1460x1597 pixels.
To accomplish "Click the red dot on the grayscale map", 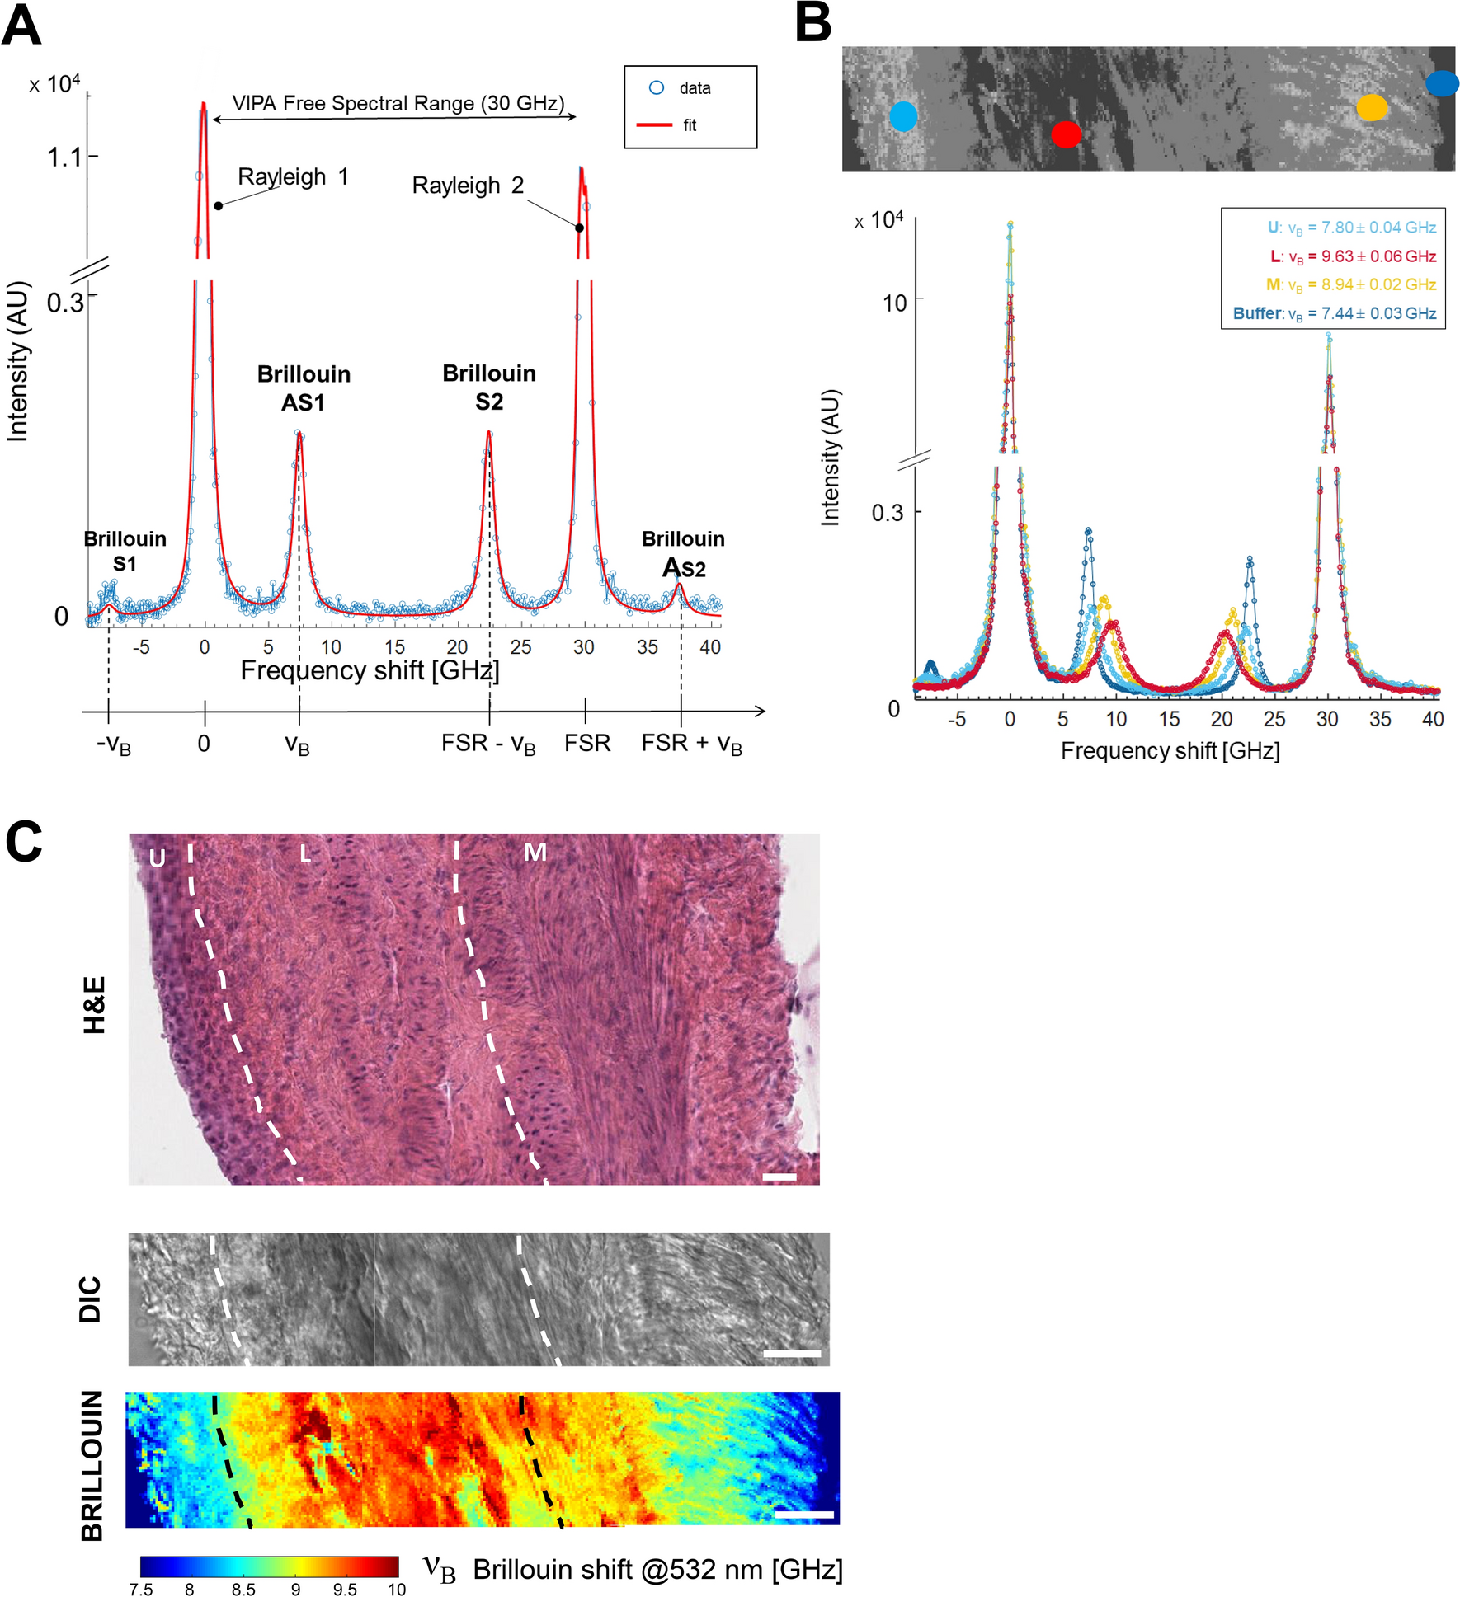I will coord(1066,134).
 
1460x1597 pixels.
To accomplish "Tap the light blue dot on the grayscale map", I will coord(903,117).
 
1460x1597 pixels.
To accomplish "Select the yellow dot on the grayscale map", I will coord(1372,107).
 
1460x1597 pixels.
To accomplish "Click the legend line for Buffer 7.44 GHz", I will coord(1334,313).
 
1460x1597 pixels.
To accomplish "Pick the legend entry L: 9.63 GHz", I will coord(1353,256).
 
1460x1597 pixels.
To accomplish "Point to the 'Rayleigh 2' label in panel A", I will coord(468,186).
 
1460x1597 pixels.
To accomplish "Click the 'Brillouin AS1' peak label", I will coord(304,388).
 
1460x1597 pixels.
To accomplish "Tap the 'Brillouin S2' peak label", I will coord(489,387).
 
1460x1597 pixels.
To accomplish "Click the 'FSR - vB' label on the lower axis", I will coord(488,744).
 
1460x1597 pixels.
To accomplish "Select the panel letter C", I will coord(24,842).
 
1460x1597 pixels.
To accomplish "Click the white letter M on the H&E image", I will coord(535,852).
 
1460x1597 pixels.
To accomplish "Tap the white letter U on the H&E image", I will coord(157,858).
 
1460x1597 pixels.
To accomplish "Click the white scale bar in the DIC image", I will coord(792,1353).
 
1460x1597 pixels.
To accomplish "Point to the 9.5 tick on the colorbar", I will coord(345,1589).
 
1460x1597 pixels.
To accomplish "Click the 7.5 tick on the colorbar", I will coord(141,1589).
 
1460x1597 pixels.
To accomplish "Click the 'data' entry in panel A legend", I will coord(694,88).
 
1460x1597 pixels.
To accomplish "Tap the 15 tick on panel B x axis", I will coord(1169,719).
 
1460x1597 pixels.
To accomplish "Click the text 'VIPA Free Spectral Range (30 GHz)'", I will coord(398,103).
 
